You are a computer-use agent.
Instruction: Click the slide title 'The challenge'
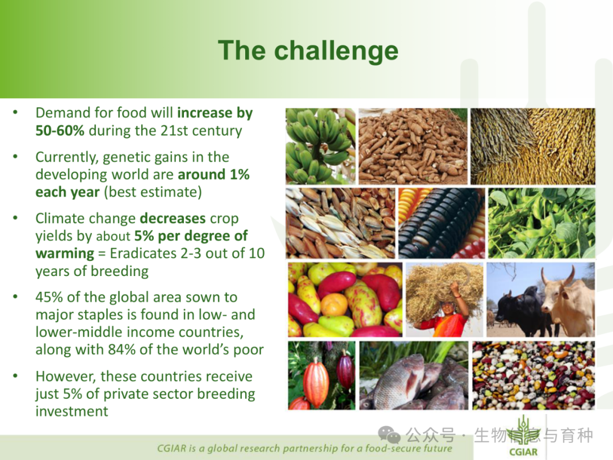[308, 51]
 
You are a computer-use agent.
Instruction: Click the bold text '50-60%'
[60, 131]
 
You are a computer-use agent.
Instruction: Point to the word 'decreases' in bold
[173, 218]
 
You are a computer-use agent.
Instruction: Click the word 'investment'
[72, 412]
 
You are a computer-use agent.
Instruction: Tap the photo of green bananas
[321, 147]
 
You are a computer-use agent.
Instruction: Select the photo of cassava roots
[413, 147]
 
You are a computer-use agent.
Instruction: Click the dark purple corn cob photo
[442, 223]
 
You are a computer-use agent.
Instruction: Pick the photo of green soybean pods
[541, 223]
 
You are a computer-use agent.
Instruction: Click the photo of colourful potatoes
[345, 300]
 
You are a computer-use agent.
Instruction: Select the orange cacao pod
[316, 383]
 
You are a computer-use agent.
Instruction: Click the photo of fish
[414, 375]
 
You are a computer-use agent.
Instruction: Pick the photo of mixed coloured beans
[534, 375]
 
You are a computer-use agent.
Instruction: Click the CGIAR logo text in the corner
[523, 452]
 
